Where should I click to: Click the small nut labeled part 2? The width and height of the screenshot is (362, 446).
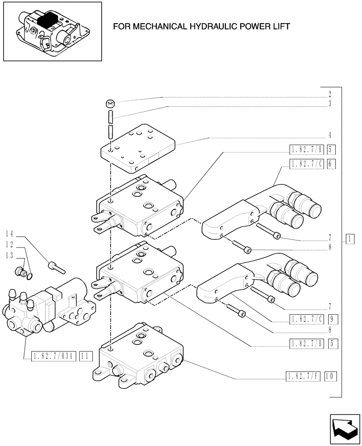pyautogui.click(x=110, y=104)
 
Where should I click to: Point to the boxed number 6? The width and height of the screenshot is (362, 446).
pyautogui.click(x=330, y=164)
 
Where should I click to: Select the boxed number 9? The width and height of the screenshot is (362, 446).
pyautogui.click(x=330, y=318)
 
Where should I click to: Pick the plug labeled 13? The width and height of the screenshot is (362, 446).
pyautogui.click(x=21, y=271)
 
